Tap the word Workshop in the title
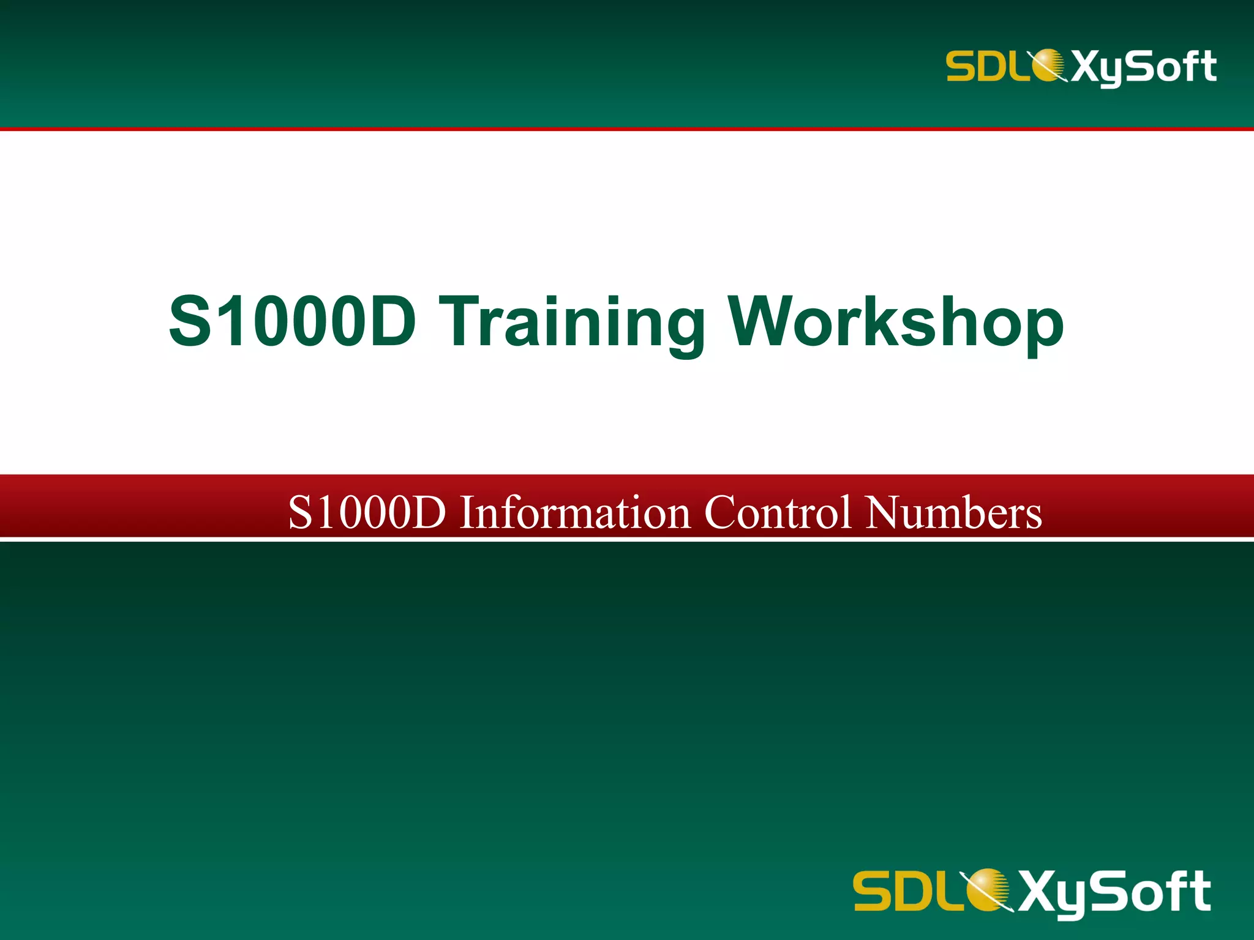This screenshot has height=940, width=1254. coord(896,322)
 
